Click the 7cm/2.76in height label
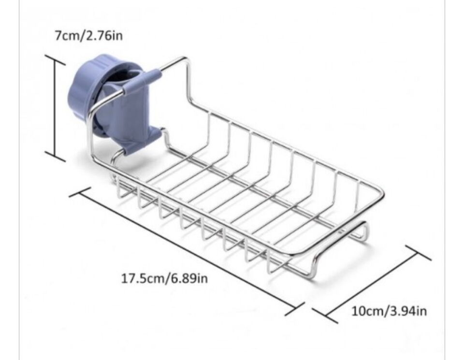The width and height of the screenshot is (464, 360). pos(88,36)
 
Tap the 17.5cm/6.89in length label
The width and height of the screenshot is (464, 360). pos(164,278)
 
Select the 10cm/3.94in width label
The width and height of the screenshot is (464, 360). pos(389,311)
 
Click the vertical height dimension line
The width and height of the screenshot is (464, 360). pos(55,108)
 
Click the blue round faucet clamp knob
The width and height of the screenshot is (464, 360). pos(89,89)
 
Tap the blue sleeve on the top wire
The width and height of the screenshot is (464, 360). pos(142,81)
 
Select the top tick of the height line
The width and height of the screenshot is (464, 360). pos(55,59)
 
